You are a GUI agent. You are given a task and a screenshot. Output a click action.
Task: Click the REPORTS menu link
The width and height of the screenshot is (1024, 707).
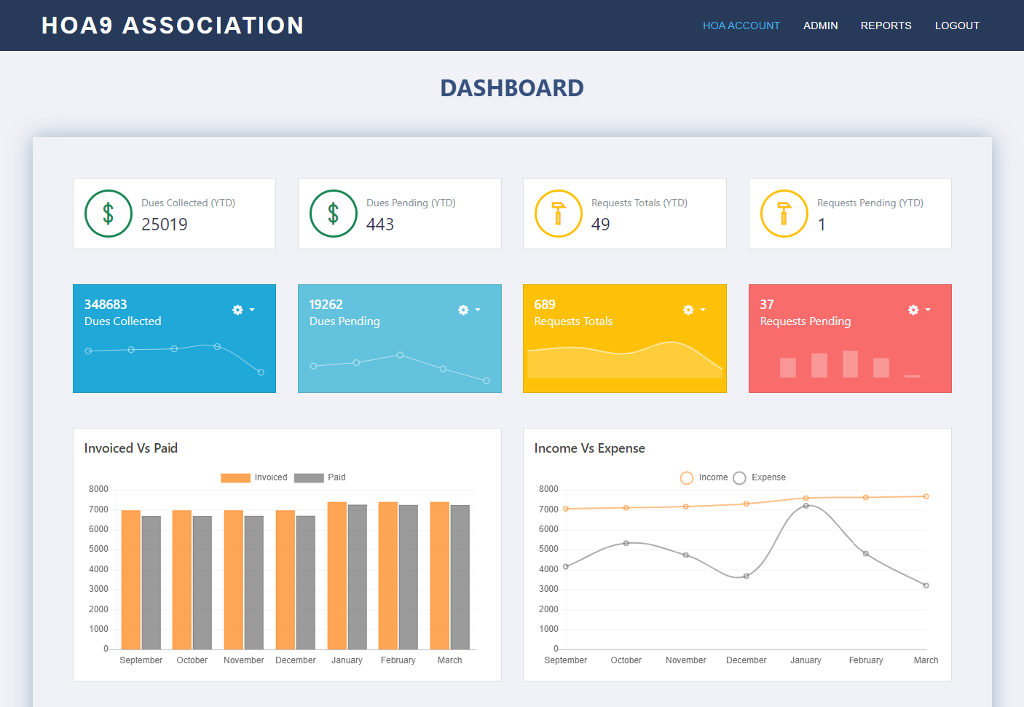886,26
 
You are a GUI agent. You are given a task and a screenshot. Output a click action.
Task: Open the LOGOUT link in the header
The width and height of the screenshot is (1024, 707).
957,26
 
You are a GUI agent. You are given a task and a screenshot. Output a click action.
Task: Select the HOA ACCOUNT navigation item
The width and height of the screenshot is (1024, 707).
741,26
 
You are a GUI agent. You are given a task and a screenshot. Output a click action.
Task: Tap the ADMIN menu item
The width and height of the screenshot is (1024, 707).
820,26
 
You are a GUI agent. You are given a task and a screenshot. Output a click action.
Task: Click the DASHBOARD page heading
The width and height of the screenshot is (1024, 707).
511,88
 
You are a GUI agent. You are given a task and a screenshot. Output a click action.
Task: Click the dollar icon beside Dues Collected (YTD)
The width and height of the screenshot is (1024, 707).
109,214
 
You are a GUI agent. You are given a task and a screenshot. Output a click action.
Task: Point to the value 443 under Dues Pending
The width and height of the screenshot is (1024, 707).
379,224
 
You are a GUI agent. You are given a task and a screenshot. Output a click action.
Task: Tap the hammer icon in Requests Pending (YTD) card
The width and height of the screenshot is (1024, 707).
784,214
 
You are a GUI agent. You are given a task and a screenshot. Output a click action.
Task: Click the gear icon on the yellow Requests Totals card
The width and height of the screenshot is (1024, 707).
688,310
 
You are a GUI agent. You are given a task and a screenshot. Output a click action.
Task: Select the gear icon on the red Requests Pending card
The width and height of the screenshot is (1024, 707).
913,310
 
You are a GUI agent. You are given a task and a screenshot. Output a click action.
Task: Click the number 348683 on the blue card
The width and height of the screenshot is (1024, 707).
106,305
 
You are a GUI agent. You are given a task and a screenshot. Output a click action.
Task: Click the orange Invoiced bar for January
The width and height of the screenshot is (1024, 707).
336,575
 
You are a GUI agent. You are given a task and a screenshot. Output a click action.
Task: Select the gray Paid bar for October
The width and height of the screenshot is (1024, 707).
202,582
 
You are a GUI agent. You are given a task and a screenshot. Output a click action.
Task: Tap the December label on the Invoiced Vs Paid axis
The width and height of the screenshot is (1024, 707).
295,660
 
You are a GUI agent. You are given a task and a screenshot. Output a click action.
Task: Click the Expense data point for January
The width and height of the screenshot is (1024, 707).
806,506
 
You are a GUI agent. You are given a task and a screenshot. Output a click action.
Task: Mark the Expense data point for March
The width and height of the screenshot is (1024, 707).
926,585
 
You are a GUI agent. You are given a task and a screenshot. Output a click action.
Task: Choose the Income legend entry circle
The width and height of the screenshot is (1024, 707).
687,478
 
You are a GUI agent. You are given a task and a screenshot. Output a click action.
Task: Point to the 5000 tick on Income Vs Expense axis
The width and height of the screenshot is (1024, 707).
548,549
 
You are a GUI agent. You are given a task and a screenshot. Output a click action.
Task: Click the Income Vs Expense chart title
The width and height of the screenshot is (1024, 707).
589,448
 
